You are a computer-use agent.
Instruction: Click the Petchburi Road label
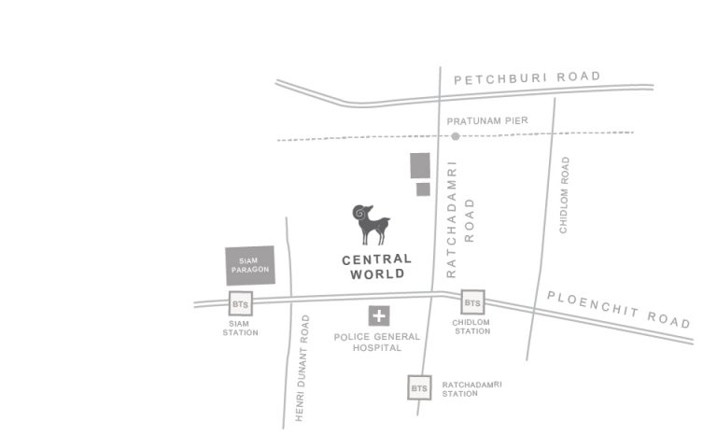click(x=527, y=78)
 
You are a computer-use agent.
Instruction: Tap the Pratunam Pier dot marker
click(x=456, y=136)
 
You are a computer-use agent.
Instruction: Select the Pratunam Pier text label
click(x=486, y=121)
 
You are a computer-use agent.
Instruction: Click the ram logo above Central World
click(x=371, y=225)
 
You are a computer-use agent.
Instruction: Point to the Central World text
click(x=377, y=266)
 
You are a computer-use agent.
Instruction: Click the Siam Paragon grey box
click(x=250, y=265)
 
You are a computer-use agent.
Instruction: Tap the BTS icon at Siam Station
click(x=241, y=303)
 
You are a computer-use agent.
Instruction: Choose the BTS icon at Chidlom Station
click(x=473, y=302)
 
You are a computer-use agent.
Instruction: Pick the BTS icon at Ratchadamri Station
click(x=419, y=387)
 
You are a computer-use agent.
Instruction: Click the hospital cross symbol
click(x=379, y=316)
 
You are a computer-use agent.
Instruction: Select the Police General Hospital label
click(x=377, y=342)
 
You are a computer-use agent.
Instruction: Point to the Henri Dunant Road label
click(x=302, y=368)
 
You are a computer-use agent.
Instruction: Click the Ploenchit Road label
click(x=619, y=309)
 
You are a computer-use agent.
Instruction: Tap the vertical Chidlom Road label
click(x=564, y=195)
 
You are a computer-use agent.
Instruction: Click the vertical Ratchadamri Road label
click(x=459, y=220)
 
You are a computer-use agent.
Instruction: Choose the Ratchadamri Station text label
click(x=472, y=388)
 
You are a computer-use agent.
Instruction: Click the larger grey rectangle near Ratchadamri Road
click(x=420, y=165)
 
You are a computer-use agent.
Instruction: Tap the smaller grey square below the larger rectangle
click(x=423, y=189)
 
